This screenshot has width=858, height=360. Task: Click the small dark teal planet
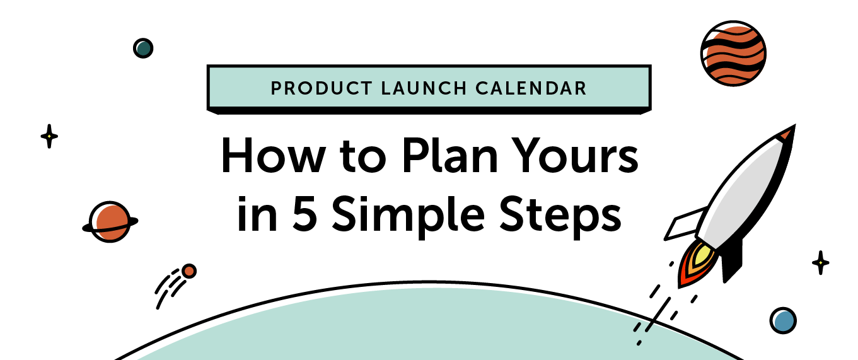(x=143, y=48)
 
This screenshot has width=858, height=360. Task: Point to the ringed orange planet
(x=110, y=221)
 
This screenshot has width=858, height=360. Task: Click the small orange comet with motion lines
(x=188, y=271)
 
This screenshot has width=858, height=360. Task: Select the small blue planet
(x=783, y=320)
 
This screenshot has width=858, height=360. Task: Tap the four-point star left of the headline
(x=49, y=136)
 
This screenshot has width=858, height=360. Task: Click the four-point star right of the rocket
(x=820, y=262)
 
